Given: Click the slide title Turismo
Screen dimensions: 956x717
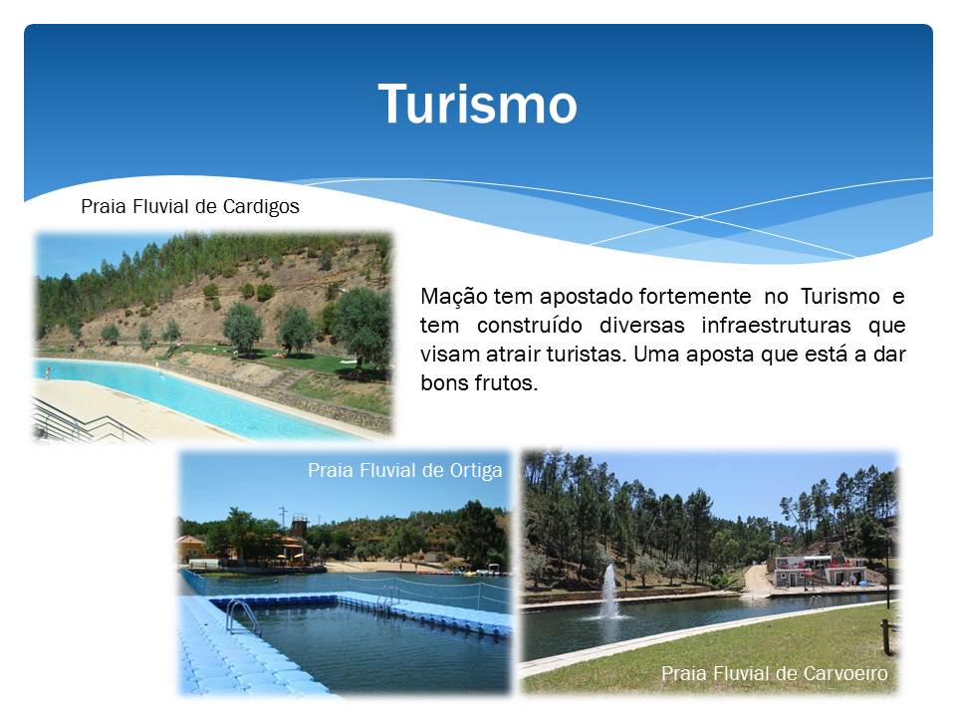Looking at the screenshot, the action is click(477, 104).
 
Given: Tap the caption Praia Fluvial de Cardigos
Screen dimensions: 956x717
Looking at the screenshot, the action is click(190, 207).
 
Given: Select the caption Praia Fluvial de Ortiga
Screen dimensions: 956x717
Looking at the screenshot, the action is click(405, 471).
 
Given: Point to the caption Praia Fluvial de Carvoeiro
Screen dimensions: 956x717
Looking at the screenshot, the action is click(775, 674).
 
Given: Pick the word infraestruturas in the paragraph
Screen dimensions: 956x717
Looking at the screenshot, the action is click(776, 325).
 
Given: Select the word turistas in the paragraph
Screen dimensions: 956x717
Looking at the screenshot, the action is click(587, 355).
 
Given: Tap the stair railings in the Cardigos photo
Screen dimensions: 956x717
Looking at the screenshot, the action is click(86, 422).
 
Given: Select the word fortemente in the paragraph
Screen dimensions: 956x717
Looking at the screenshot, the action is click(695, 297).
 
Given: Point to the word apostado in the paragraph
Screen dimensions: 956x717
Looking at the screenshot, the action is click(587, 297).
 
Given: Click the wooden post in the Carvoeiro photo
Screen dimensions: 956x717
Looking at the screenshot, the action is click(886, 637).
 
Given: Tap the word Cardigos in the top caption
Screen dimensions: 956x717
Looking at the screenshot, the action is click(261, 207).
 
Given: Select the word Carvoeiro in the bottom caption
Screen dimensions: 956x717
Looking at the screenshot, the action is click(845, 674).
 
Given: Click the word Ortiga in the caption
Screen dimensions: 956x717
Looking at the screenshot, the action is click(476, 471).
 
